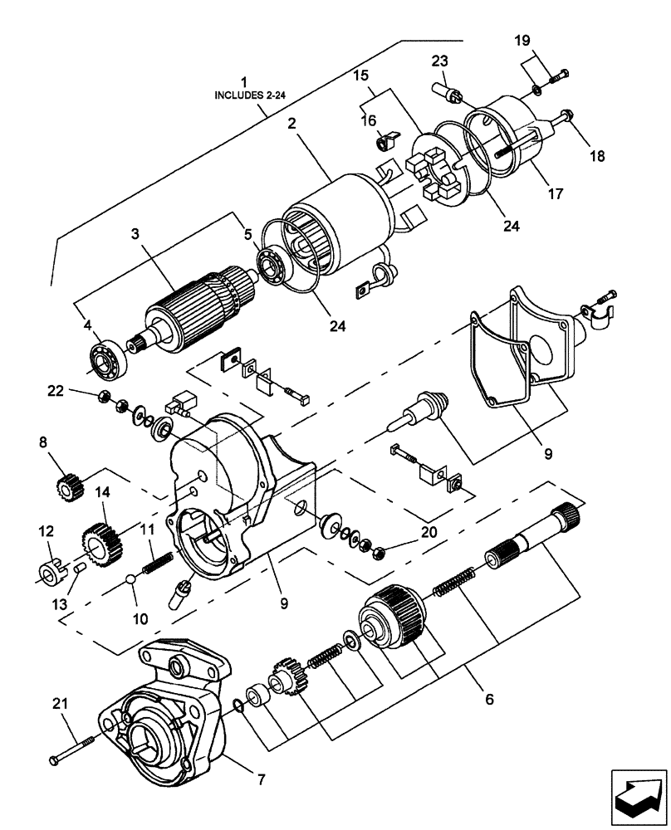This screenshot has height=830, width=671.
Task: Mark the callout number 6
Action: coord(489,700)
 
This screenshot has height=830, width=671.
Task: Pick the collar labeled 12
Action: coord(51,572)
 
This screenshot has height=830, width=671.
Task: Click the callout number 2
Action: coord(292,124)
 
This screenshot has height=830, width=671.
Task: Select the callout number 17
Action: coord(555,194)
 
